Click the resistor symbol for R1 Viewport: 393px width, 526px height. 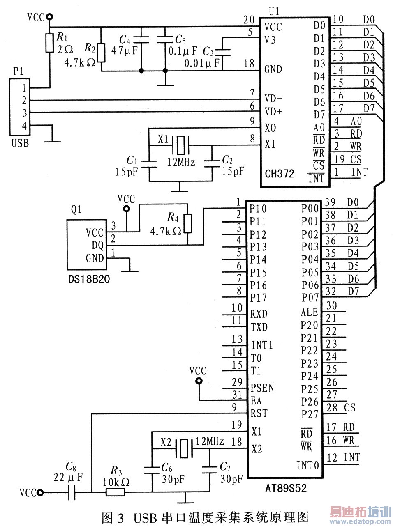point(50,43)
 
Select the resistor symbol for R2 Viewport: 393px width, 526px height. point(101,52)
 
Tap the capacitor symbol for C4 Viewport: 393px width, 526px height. point(141,39)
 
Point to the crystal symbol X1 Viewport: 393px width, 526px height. point(180,144)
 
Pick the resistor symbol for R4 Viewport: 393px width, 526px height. point(188,223)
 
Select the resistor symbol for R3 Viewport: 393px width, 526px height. point(115,493)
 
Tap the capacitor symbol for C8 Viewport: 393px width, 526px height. point(72,493)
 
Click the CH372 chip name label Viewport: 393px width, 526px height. point(280,174)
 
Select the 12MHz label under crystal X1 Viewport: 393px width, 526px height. point(181,162)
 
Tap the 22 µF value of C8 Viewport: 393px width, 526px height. point(68,477)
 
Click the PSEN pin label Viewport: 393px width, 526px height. point(262,388)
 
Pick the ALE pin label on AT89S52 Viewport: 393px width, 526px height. point(309,312)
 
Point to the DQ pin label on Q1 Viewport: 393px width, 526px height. point(97,246)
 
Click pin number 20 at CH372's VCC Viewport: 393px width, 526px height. point(249,20)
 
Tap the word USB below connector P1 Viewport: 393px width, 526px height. point(20,143)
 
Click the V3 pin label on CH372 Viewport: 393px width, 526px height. point(270,40)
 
